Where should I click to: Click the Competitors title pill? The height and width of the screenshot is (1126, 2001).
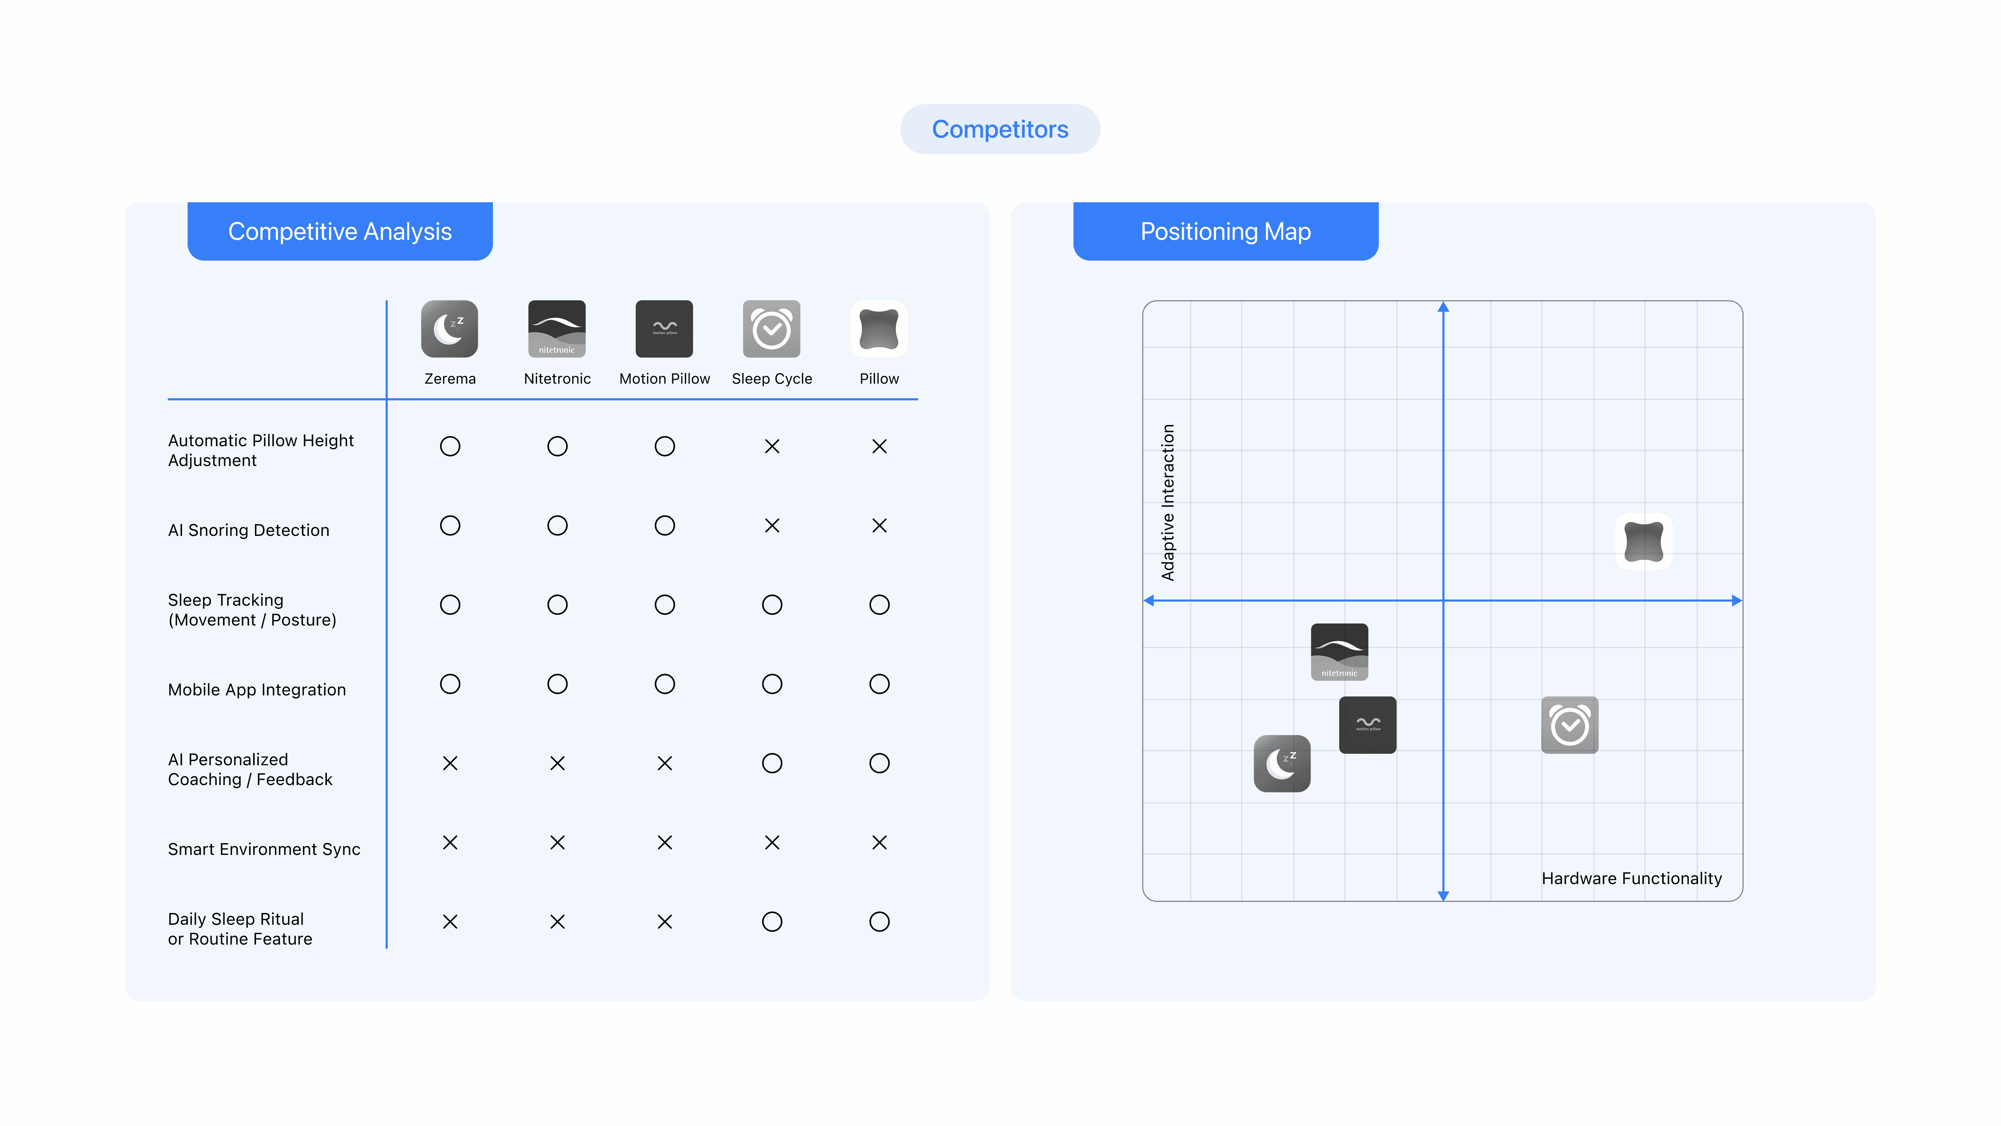1000,129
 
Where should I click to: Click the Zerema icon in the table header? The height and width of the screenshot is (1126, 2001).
450,329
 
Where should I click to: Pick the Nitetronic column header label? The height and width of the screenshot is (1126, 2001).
557,378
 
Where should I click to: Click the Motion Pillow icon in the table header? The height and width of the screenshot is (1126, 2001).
664,329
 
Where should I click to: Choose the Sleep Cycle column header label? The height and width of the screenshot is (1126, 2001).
771,378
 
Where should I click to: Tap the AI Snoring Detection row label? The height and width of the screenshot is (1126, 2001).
249,530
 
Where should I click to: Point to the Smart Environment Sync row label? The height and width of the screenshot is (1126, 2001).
264,849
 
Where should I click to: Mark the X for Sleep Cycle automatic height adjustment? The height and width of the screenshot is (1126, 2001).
771,446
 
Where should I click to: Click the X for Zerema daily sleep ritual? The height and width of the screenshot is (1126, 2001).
450,922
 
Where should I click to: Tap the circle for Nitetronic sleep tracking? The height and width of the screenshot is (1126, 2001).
557,605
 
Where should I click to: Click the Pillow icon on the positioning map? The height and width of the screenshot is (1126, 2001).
1644,542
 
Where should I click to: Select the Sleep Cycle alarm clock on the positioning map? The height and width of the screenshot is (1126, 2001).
1570,725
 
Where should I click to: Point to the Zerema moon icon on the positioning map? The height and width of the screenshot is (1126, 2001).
1282,763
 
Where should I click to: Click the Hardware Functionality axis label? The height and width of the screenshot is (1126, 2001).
1631,878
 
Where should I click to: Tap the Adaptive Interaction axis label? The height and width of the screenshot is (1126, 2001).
1168,502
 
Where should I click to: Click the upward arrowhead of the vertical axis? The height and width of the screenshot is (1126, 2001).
1443,307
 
